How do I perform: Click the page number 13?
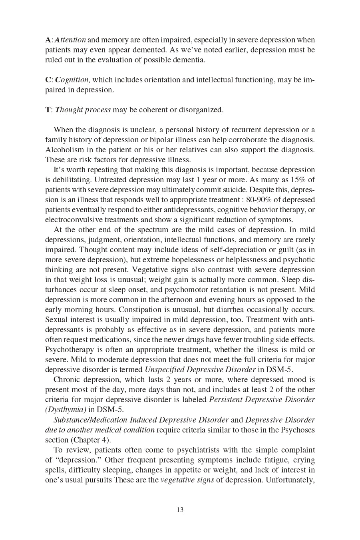[x=180, y=510]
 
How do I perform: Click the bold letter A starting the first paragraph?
[x=48, y=40]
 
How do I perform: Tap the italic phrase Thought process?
[x=83, y=110]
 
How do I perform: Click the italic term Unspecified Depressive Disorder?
[x=200, y=370]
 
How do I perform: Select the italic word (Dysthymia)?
[x=66, y=410]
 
